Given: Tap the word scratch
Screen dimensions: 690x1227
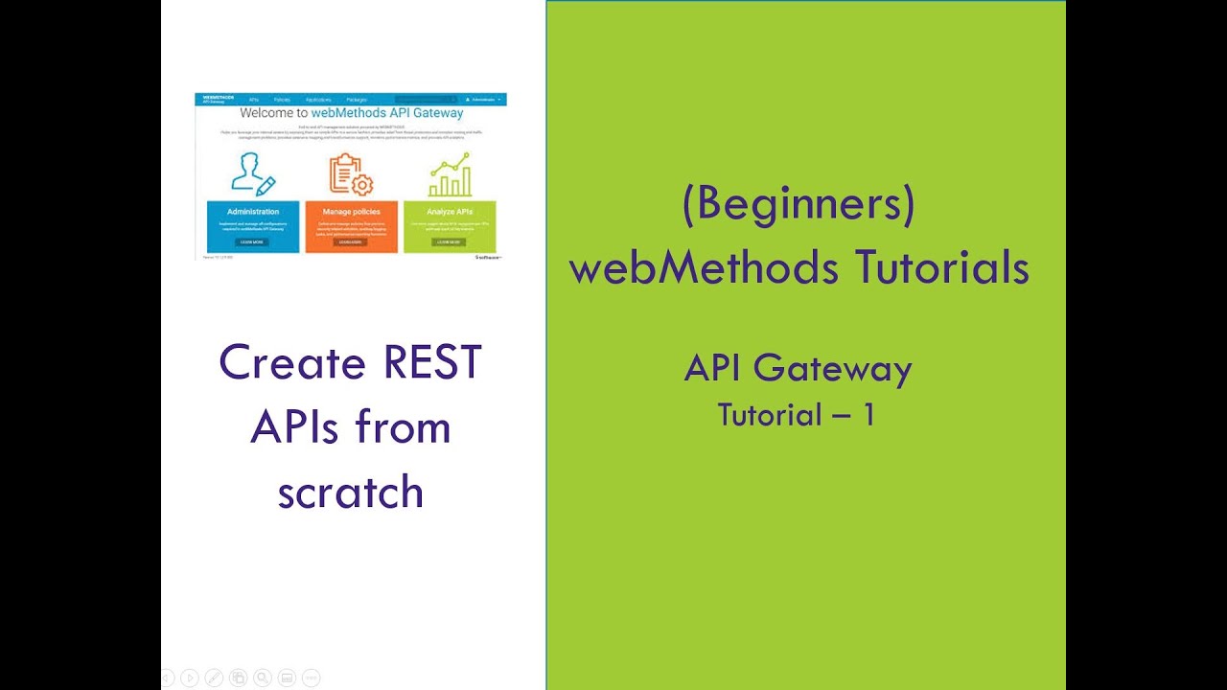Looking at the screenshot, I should (x=351, y=492).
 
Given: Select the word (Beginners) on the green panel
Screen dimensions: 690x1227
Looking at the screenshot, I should (x=799, y=206).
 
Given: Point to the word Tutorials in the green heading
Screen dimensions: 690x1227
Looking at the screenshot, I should (x=935, y=268).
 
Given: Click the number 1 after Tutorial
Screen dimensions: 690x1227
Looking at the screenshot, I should (x=868, y=415).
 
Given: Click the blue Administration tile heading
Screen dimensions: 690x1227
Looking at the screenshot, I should (x=253, y=212).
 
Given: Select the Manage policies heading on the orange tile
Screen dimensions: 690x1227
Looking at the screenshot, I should (x=353, y=212).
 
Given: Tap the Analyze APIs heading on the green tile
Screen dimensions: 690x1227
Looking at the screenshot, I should (x=450, y=212).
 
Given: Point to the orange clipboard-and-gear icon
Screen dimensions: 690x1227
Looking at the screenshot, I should (x=351, y=174).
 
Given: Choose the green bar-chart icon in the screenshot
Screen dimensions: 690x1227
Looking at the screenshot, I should (x=450, y=174).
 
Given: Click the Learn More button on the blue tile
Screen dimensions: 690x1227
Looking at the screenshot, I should (x=253, y=242).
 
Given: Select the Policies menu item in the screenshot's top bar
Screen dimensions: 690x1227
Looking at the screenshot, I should (x=282, y=100).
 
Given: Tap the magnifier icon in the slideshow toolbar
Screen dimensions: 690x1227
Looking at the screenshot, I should (x=262, y=678).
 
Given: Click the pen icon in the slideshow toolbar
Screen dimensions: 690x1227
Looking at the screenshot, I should (x=214, y=678).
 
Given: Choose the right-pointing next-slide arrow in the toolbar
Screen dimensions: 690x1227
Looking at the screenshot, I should (x=189, y=678).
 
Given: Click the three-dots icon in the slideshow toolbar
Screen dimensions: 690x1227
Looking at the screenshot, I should (x=311, y=678).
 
